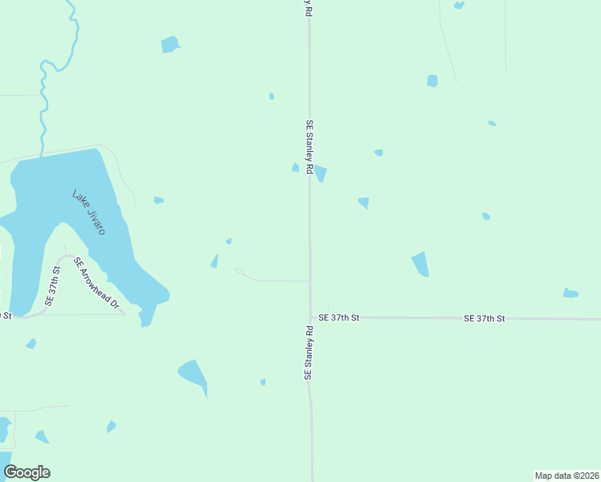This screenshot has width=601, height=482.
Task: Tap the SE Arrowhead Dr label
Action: click(x=96, y=284)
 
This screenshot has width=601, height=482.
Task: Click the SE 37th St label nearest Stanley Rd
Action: click(x=338, y=318)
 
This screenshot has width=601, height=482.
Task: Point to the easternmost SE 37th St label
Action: click(x=484, y=319)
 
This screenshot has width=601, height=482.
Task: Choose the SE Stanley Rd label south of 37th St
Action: click(x=308, y=353)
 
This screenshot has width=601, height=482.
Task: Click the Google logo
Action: click(x=27, y=472)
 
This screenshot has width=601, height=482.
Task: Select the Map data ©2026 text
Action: click(x=567, y=476)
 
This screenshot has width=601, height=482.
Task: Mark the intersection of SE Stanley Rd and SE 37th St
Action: click(x=311, y=317)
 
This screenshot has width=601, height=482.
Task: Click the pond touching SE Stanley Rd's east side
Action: click(x=321, y=173)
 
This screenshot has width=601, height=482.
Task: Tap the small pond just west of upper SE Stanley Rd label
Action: click(x=295, y=167)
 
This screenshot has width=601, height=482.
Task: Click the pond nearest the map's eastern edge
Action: click(x=570, y=293)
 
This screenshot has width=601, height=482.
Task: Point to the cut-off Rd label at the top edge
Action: click(x=307, y=8)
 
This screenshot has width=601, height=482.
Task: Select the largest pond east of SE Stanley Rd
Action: click(x=420, y=263)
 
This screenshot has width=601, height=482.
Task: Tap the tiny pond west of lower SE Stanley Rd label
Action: click(x=263, y=382)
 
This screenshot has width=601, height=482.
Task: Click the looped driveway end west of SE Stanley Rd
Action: click(x=239, y=271)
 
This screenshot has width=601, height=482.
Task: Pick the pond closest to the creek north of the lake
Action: click(x=170, y=44)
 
